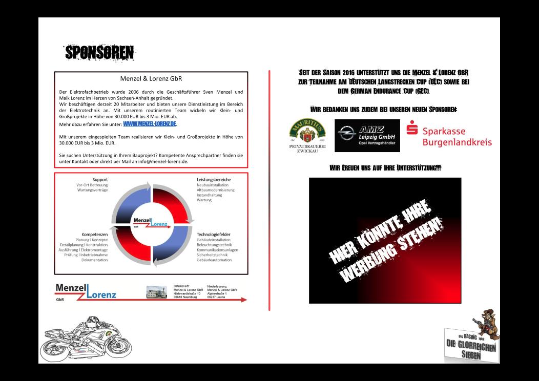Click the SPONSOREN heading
click(x=99, y=52)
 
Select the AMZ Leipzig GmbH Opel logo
click(x=367, y=136)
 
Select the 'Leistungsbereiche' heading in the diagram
click(x=214, y=180)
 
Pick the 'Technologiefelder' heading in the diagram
click(x=214, y=234)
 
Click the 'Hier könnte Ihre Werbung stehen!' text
click(x=385, y=241)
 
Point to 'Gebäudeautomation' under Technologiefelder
click(x=214, y=260)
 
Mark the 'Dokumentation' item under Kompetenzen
click(x=95, y=260)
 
